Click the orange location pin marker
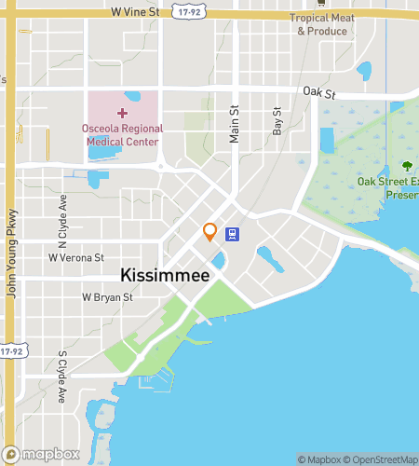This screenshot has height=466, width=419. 210,231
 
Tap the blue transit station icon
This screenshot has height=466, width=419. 233,234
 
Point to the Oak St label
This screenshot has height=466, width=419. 318,92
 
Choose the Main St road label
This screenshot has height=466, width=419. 235,124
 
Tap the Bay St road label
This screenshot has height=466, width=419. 277,122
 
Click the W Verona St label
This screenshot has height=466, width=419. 76,257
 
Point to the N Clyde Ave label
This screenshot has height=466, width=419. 63,212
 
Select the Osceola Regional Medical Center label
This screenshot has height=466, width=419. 123,135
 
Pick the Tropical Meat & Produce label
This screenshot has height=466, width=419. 322,24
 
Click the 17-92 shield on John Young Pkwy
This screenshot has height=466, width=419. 10,351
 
